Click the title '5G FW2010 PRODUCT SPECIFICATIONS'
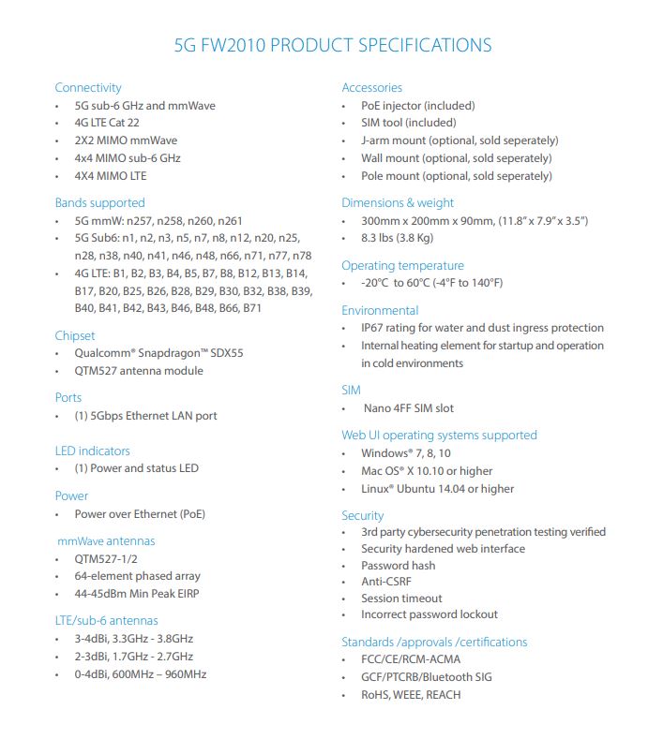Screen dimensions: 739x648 pos(333,45)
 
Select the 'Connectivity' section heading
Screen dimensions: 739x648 pos(88,88)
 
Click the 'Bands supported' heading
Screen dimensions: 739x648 pos(99,202)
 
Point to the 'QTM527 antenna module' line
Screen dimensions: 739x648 pos(139,371)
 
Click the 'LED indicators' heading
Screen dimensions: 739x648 pos(92,451)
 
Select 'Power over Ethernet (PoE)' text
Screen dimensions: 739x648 pos(140,514)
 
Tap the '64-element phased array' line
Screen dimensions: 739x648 pos(137,576)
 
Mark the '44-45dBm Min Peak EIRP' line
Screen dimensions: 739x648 pos(137,594)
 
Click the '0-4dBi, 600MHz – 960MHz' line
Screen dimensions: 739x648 pos(141,674)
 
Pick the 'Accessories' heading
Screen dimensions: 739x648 pos(372,88)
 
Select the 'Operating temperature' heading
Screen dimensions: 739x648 pos(402,266)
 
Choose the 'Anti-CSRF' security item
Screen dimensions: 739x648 pos(386,582)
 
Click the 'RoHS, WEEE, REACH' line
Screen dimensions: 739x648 pos(411,695)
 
